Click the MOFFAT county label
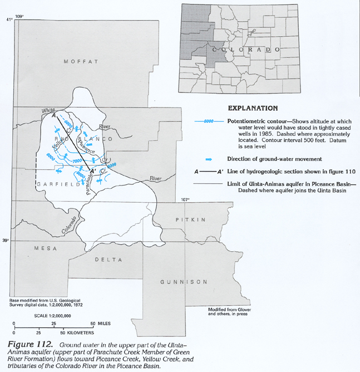81,61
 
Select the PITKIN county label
190,220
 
